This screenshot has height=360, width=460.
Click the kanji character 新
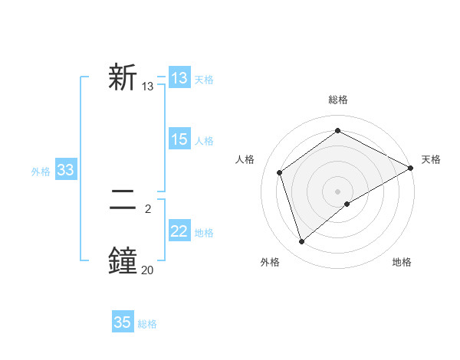coord(123,79)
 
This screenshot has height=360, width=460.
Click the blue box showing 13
coord(179,78)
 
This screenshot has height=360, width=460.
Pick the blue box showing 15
coord(179,139)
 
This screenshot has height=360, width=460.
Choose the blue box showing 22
coord(179,231)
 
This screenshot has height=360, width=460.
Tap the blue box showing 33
coord(65,170)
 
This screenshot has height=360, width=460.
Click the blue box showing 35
coord(123,322)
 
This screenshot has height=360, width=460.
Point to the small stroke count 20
coord(147,270)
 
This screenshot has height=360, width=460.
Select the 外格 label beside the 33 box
coord(41,172)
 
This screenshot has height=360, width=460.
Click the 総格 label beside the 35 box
coord(147,324)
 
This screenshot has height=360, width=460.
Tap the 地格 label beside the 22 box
coord(204,233)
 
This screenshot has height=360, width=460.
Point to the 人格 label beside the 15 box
coord(204,141)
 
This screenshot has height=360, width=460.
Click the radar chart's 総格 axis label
coord(337,100)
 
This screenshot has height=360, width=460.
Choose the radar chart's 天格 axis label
coord(431,159)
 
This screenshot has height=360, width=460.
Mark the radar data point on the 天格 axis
coord(410,168)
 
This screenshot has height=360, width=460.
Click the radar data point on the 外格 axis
coord(302,241)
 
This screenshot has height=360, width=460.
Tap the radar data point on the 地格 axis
coord(347,204)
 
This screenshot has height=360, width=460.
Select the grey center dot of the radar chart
coord(337,191)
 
